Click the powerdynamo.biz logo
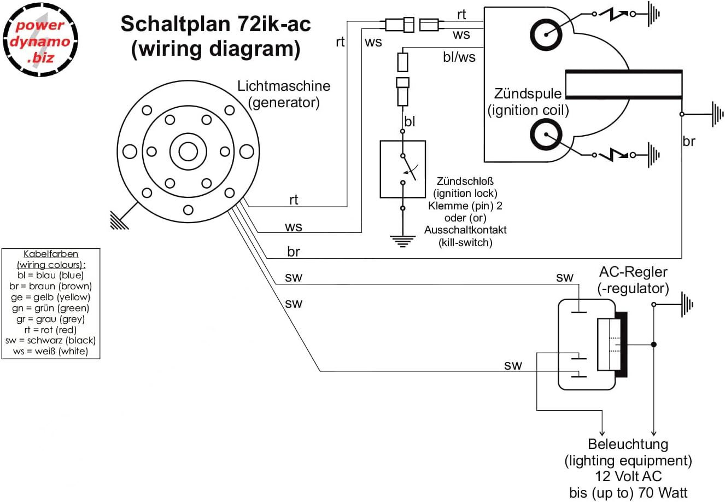(x=40, y=40)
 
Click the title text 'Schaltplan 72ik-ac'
(x=215, y=24)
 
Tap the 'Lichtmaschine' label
(x=284, y=86)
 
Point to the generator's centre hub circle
(x=188, y=151)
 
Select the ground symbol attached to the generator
(x=121, y=218)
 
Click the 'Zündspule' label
(x=528, y=94)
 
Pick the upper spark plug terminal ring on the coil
(x=546, y=34)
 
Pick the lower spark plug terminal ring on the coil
(x=546, y=135)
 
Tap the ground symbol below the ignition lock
(x=402, y=241)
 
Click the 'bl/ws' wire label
(x=459, y=57)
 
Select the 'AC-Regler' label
(x=633, y=272)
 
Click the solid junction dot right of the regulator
(x=653, y=345)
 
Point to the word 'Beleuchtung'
(x=628, y=444)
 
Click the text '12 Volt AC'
(x=628, y=476)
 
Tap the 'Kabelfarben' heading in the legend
(x=51, y=254)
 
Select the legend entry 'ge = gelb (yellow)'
(x=50, y=297)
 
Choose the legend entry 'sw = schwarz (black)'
(x=50, y=341)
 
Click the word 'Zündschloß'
(x=465, y=181)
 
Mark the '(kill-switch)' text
(x=465, y=242)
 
